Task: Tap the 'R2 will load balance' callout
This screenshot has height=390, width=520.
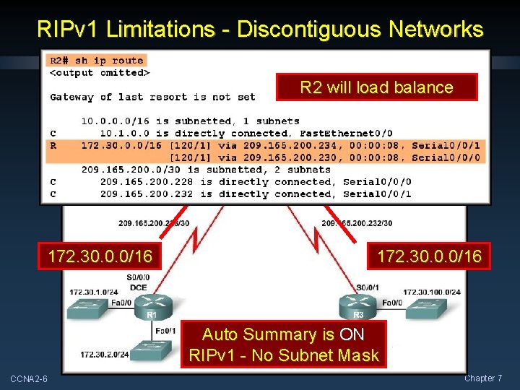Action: (x=376, y=87)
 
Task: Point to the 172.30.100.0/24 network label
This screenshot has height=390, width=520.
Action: (x=432, y=292)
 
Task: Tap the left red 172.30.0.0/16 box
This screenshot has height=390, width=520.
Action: (x=100, y=256)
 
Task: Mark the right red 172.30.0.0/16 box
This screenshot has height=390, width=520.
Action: (x=429, y=256)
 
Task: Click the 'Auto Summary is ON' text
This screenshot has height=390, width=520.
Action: (x=283, y=334)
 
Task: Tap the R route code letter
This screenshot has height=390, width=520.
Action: (x=53, y=145)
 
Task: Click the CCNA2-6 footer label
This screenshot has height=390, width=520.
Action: (x=29, y=379)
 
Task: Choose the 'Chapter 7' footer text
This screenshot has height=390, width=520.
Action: (x=483, y=378)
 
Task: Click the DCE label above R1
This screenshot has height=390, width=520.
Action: (x=138, y=287)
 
